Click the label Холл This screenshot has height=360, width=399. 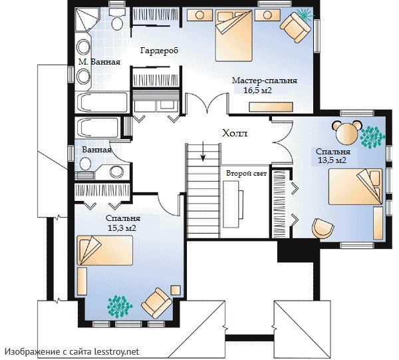(x=235, y=133)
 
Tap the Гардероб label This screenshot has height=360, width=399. (x=160, y=51)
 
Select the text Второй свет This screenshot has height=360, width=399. (x=246, y=174)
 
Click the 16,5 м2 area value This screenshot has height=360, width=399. (x=258, y=90)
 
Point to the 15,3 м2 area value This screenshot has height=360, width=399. (x=122, y=228)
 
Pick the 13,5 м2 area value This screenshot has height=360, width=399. (x=332, y=160)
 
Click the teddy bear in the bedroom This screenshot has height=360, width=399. (x=346, y=132)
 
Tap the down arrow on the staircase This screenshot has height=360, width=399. (x=203, y=151)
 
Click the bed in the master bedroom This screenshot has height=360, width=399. (x=233, y=35)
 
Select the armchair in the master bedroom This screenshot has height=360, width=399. (x=295, y=27)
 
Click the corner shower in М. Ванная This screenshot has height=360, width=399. (x=86, y=19)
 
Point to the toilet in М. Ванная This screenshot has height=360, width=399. (x=117, y=19)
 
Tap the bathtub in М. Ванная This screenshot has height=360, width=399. (x=102, y=102)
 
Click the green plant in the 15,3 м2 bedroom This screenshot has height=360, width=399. (x=120, y=307)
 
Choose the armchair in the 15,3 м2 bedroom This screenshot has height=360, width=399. (x=156, y=303)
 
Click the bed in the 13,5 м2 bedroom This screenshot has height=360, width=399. (x=355, y=186)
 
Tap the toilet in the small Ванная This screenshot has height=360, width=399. (x=85, y=164)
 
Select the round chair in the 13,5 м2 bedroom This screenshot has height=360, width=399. (x=323, y=228)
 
